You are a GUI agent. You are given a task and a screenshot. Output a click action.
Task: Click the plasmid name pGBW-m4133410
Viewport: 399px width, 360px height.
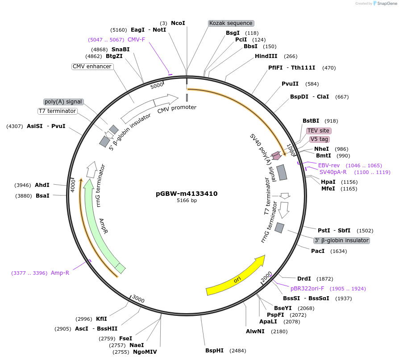coord(187,194)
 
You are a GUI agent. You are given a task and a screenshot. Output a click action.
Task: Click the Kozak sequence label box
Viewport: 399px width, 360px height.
coord(231,23)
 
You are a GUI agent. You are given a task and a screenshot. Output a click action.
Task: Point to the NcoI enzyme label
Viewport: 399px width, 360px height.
coord(178,23)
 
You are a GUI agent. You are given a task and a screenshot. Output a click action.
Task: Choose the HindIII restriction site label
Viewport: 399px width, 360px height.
coord(266,56)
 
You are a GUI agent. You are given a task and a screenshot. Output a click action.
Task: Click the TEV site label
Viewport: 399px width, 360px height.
coord(319,131)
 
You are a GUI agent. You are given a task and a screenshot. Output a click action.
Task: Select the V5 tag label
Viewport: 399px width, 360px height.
coord(320,139)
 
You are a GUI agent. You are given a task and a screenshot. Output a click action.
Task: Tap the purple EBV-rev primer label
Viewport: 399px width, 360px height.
coord(329,166)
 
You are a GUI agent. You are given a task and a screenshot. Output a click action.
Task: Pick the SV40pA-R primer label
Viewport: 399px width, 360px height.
coord(333,172)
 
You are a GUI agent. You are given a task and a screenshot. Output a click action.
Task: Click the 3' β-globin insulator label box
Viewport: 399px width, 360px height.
coord(342,240)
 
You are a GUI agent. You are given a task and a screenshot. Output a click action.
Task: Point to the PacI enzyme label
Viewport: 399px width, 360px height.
coord(318,251)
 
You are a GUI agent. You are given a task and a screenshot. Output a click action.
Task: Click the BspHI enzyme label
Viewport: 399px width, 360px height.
coord(214,351)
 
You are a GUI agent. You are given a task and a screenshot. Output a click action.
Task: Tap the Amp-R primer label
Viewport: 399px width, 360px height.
coord(60,273)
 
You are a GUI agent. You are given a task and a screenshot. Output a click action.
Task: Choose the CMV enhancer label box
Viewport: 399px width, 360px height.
coord(92,66)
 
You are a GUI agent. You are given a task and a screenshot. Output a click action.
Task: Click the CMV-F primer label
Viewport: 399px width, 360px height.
coord(136,40)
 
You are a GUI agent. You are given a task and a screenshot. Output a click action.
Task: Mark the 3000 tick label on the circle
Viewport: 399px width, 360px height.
coord(138,299)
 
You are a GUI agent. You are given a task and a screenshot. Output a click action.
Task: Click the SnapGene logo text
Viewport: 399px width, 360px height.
coord(384,4)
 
